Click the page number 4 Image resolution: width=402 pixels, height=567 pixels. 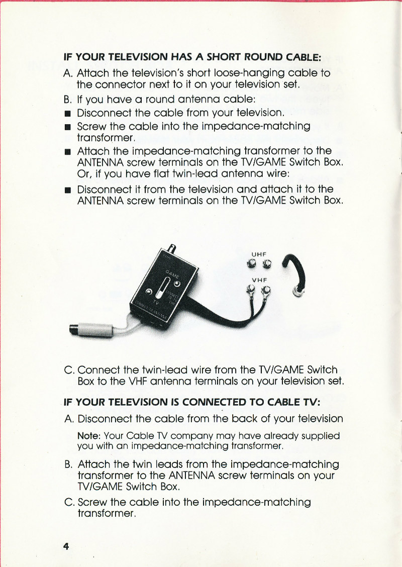[x=66, y=546]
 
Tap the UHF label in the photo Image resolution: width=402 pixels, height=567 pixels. [x=259, y=254]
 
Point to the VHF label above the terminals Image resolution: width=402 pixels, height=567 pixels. [x=259, y=280]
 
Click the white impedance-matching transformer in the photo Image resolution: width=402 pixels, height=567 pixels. [x=94, y=329]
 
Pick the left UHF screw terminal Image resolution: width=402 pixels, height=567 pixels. [x=251, y=264]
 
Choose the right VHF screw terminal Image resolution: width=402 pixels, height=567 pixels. [x=266, y=290]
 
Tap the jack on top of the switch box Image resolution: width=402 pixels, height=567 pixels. [x=172, y=249]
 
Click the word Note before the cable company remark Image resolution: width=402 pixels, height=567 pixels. [x=89, y=436]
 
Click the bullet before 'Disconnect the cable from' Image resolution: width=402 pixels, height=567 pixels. [x=67, y=113]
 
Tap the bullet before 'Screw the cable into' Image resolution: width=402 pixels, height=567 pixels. [x=67, y=127]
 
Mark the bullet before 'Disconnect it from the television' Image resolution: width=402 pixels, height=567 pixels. [x=67, y=190]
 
